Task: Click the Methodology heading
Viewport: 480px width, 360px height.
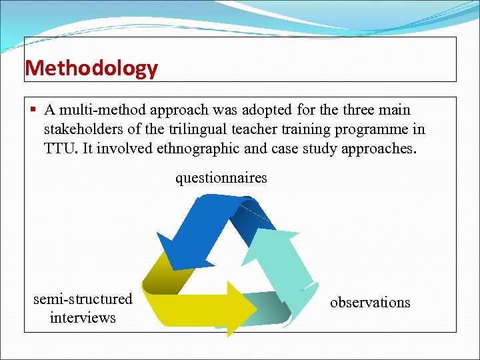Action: (91, 68)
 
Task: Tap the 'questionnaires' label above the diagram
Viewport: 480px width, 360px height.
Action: (221, 177)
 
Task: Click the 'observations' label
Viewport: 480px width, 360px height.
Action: (370, 302)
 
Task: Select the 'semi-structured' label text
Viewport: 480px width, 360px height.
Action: (83, 299)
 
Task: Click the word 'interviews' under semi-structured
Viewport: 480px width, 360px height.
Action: (83, 317)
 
